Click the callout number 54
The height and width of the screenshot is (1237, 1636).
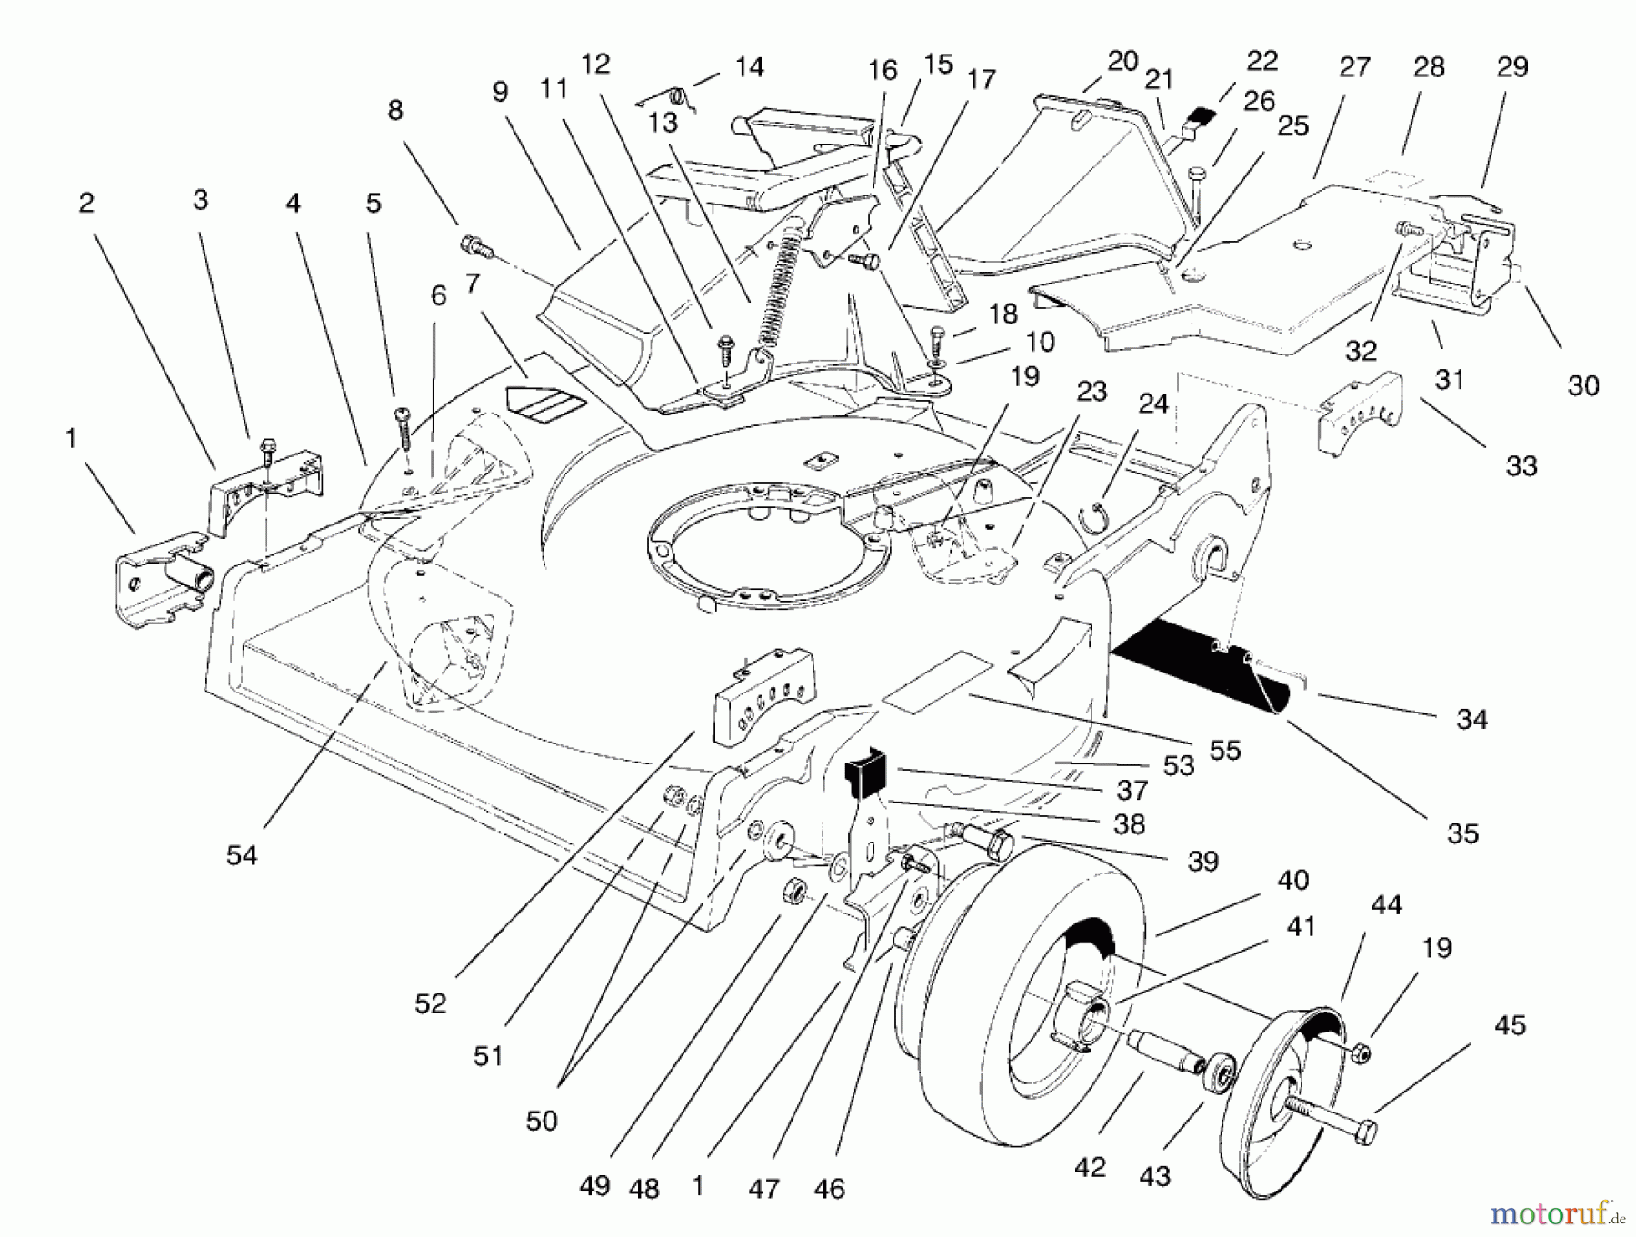click(242, 855)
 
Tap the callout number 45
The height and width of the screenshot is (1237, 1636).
click(1510, 1025)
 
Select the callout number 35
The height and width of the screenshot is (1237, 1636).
click(1462, 833)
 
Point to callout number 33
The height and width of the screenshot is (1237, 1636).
click(1521, 466)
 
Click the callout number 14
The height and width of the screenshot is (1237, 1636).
click(750, 67)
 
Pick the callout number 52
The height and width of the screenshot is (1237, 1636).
click(431, 1003)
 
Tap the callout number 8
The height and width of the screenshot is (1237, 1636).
click(394, 110)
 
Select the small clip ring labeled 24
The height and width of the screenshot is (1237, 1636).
click(1098, 515)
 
